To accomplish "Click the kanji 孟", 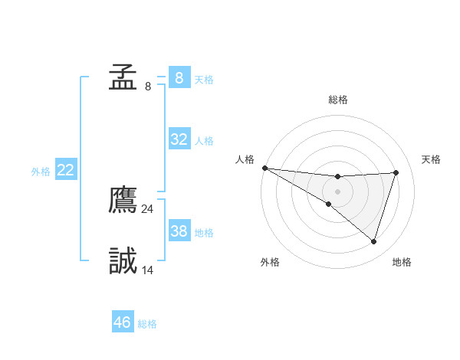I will pos(123,77).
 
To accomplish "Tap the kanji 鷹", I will pos(123,201).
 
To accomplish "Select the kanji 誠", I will pos(123,261).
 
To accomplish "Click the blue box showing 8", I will pos(179,78).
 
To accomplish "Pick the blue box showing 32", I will pos(179,139).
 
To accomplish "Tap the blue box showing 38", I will pos(179,231).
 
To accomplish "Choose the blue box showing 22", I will pos(65,170).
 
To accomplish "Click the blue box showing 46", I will pos(123,322).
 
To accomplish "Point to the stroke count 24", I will pos(148,209).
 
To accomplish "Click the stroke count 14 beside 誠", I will pos(148,270).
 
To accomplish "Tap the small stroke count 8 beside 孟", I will pos(148,87).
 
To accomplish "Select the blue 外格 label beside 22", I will pos(41,172).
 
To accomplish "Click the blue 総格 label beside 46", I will pos(147,324).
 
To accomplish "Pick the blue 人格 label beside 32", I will pos(204,141).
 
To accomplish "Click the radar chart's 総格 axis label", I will pos(337,100).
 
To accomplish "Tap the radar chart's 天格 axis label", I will pos(431,159).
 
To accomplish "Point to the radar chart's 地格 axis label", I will pos(402,262).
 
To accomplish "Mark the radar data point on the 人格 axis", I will pos(264,168).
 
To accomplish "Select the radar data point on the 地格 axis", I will pos(373,241).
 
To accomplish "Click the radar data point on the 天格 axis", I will pos(396,172).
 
